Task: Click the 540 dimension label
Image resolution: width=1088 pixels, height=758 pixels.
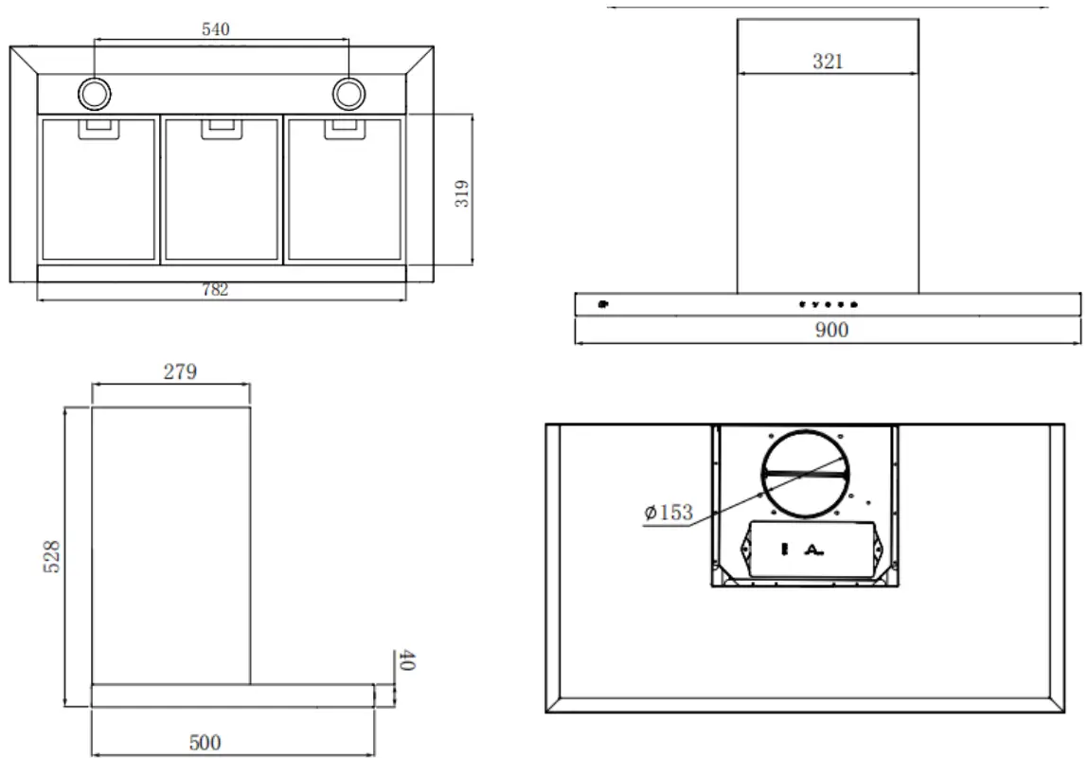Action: pyautogui.click(x=216, y=29)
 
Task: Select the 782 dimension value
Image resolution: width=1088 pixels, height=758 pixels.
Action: pyautogui.click(x=215, y=291)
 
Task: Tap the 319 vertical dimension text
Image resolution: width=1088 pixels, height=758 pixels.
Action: pyautogui.click(x=461, y=193)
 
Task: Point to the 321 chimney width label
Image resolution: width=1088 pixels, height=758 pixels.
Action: pyautogui.click(x=828, y=63)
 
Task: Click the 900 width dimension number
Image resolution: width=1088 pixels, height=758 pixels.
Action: pyautogui.click(x=830, y=330)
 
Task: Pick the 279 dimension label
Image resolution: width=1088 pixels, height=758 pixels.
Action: pyautogui.click(x=179, y=371)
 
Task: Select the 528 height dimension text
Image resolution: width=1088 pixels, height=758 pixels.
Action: pyautogui.click(x=53, y=556)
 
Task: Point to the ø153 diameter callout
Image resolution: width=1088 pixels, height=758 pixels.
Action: pyautogui.click(x=669, y=514)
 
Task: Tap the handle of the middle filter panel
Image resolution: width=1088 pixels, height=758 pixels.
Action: pyautogui.click(x=221, y=127)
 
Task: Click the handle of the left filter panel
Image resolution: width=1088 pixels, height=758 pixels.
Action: pyautogui.click(x=98, y=127)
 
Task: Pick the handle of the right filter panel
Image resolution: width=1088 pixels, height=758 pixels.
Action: pyautogui.click(x=343, y=127)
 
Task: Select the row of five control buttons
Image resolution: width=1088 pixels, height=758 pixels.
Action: pyautogui.click(x=828, y=305)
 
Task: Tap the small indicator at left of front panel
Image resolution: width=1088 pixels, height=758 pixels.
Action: pyautogui.click(x=602, y=305)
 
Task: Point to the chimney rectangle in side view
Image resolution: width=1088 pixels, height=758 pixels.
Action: pyautogui.click(x=170, y=545)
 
